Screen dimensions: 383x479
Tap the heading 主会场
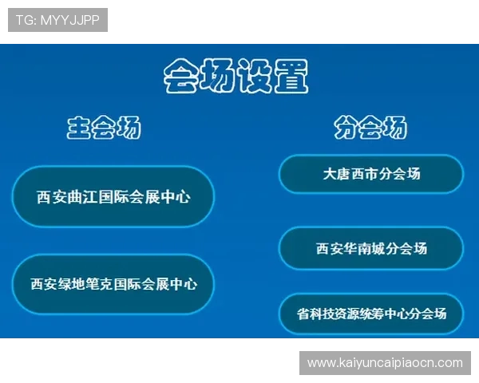tap(104, 128)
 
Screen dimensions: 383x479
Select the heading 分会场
tap(370, 128)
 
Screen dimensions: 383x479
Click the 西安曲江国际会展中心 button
tap(113, 196)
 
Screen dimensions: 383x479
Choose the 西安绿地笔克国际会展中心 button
tap(113, 283)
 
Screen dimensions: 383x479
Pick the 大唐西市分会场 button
tap(370, 174)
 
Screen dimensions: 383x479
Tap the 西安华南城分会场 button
tap(370, 248)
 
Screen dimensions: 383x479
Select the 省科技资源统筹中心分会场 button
tap(370, 314)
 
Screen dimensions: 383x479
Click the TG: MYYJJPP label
tap(57, 20)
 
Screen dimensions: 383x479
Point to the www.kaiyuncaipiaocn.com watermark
tap(385, 363)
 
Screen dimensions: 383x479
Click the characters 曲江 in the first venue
tap(82, 196)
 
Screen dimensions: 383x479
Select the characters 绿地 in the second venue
tap(72, 283)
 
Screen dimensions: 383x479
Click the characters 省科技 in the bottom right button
tap(317, 314)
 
